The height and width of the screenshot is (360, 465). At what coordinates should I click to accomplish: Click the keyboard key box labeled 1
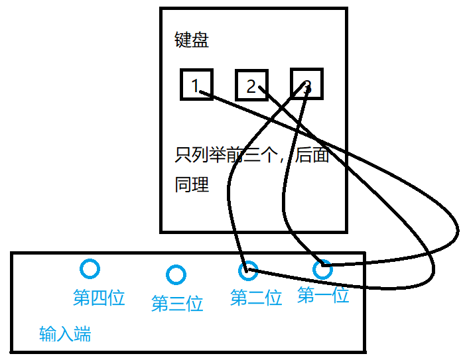click(x=196, y=84)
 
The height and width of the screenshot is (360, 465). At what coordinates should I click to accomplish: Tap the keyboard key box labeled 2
click(x=251, y=84)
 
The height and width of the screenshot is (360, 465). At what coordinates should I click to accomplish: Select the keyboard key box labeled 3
click(x=306, y=84)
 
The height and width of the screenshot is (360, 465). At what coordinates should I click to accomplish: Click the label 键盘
click(x=192, y=40)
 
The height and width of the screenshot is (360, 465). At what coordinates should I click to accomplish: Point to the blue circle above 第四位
click(x=89, y=269)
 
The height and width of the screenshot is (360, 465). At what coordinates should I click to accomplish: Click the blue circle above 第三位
click(x=176, y=274)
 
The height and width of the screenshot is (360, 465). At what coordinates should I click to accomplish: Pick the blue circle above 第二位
click(x=247, y=269)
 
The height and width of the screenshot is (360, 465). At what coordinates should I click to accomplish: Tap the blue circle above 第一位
click(x=322, y=269)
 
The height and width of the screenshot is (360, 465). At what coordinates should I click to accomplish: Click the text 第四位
click(x=99, y=298)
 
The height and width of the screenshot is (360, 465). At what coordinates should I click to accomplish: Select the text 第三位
click(x=177, y=304)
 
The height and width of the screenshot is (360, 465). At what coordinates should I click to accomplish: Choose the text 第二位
click(x=256, y=298)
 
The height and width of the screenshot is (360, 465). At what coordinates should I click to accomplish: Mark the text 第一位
click(x=323, y=295)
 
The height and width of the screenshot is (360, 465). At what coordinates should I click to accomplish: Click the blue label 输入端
click(x=65, y=334)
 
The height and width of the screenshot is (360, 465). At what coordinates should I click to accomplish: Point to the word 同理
click(x=192, y=184)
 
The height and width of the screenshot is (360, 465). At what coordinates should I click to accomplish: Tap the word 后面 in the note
click(x=312, y=156)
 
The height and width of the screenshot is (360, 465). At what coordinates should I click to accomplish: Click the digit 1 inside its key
click(x=195, y=85)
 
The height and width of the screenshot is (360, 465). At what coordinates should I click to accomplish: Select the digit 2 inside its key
click(x=251, y=86)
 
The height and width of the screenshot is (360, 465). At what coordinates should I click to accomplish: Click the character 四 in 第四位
click(x=99, y=298)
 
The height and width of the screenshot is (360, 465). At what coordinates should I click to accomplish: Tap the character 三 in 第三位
click(x=177, y=304)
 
